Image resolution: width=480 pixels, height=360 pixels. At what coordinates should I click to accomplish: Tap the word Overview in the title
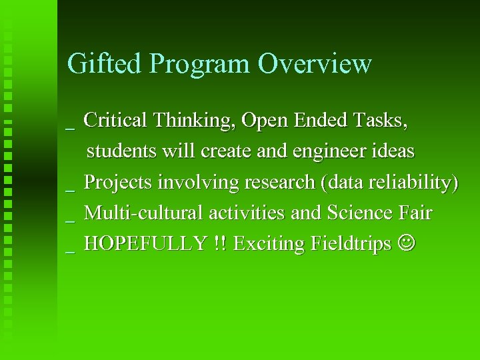click(315, 63)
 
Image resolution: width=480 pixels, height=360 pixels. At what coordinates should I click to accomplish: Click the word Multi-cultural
click(145, 213)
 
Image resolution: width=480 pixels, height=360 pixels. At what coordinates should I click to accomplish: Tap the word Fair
click(417, 213)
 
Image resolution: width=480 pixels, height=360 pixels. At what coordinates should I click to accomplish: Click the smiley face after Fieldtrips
click(407, 245)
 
